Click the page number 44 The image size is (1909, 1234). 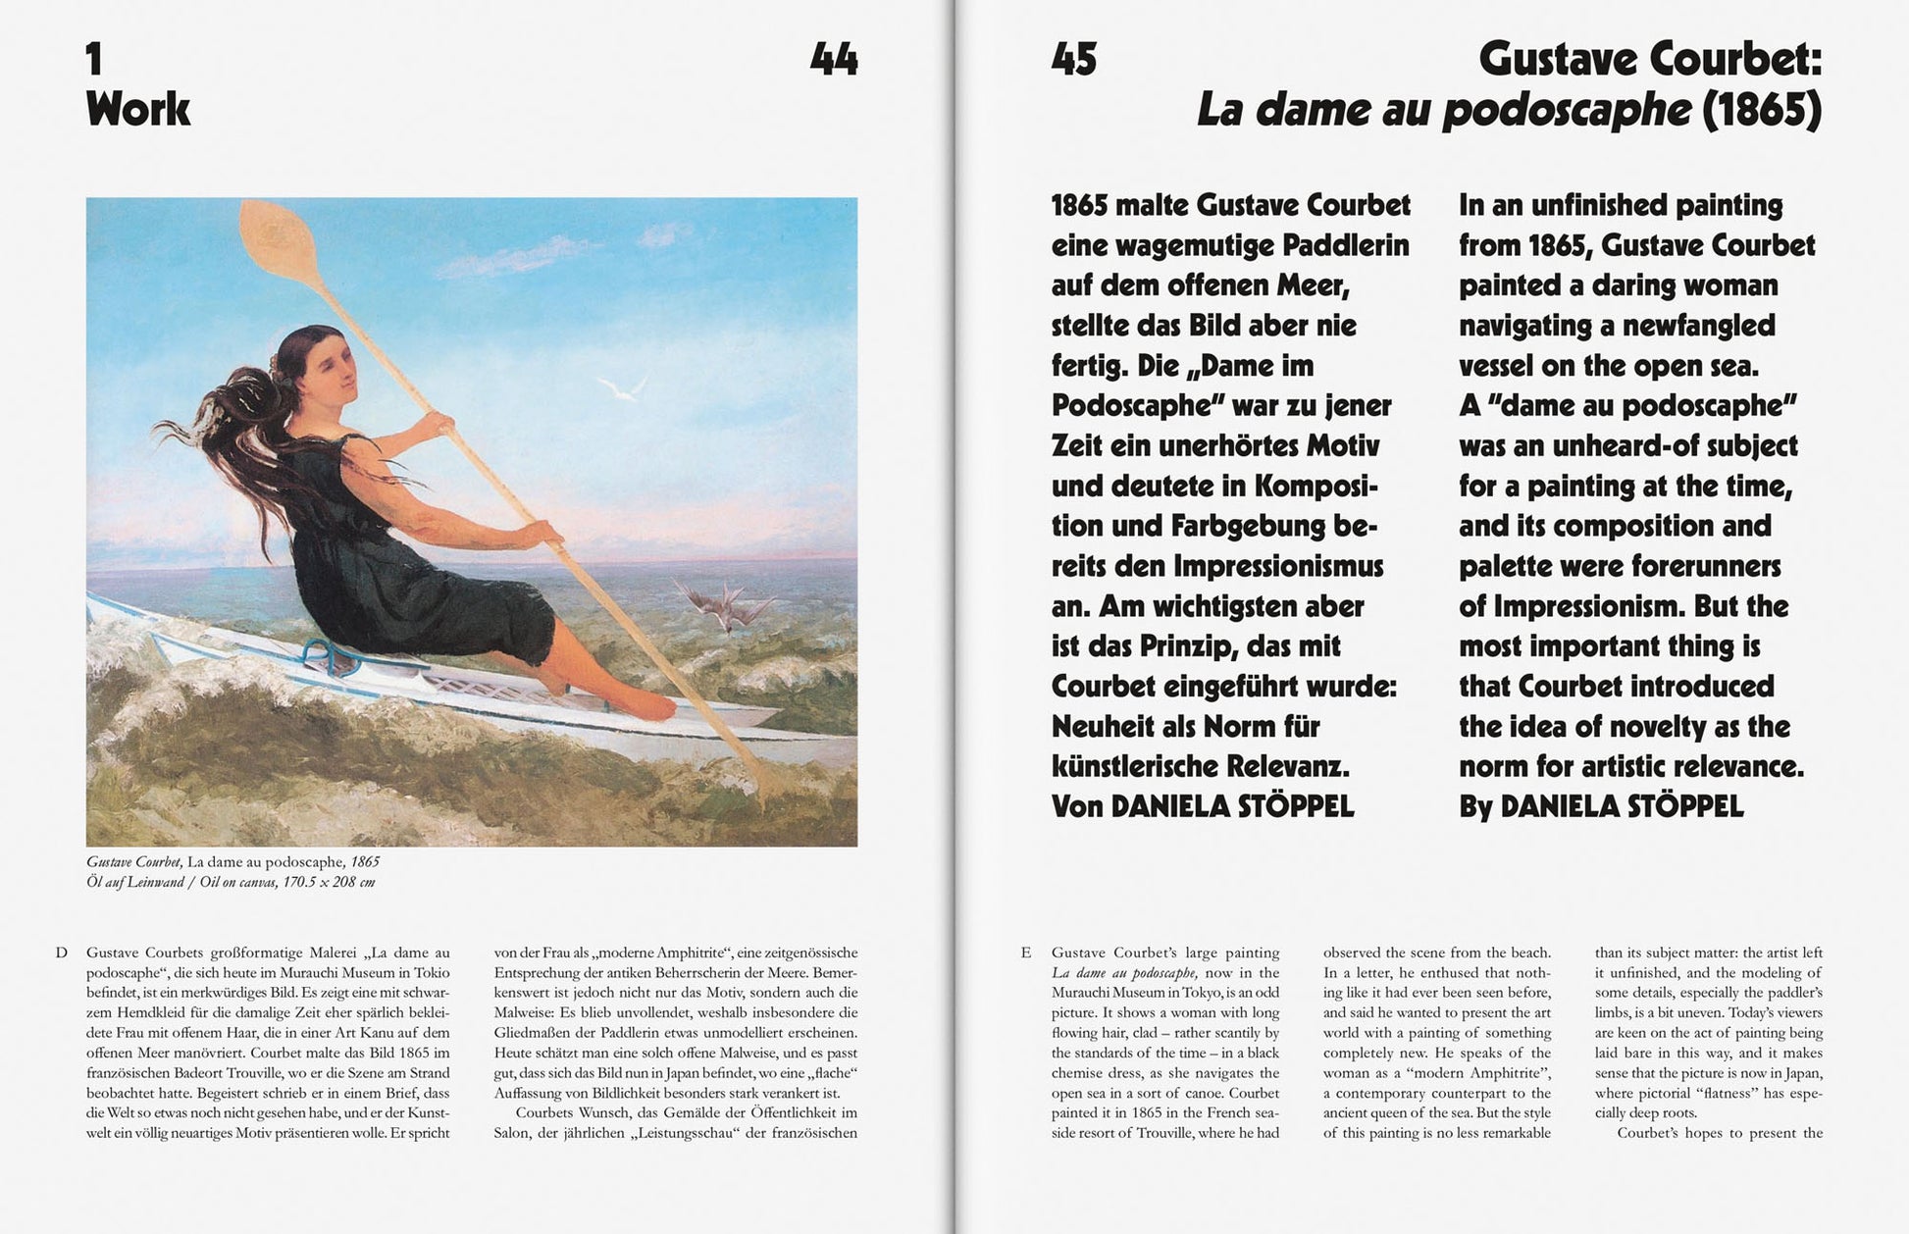(x=834, y=60)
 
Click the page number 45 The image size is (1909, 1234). (x=1074, y=60)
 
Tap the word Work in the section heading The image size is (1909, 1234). (x=138, y=109)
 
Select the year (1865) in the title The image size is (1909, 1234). (x=1761, y=110)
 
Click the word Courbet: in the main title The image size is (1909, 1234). (x=1746, y=60)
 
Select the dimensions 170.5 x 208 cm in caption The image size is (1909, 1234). (x=330, y=882)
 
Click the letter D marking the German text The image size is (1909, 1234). (x=62, y=952)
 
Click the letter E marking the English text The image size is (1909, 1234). (x=1026, y=952)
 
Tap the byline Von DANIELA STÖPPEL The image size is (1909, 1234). (x=1202, y=806)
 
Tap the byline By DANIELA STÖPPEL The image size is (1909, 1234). (x=1601, y=806)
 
